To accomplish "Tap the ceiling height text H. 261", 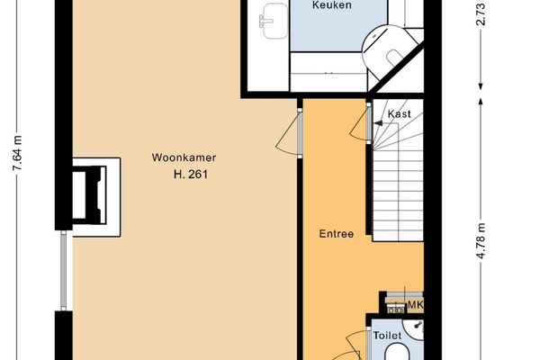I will pyautogui.click(x=190, y=175).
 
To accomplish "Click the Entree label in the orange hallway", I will pyautogui.click(x=336, y=234).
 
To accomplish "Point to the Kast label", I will pyautogui.click(x=400, y=114).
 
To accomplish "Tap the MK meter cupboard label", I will pyautogui.click(x=415, y=306).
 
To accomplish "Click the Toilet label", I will pyautogui.click(x=387, y=336).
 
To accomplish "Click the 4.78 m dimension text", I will pyautogui.click(x=482, y=239).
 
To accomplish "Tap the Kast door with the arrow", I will pyautogui.click(x=370, y=121).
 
